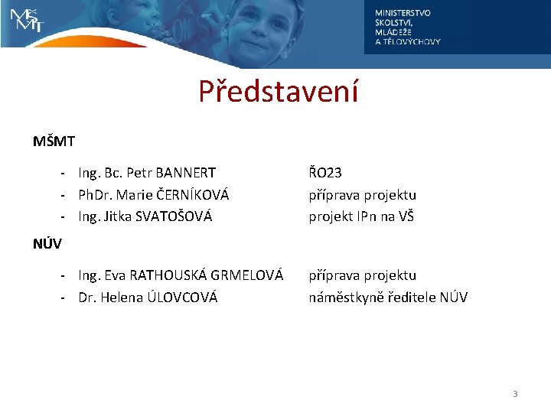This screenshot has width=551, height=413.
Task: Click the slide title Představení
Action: point(278,93)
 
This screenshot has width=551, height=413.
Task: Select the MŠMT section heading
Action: point(53,141)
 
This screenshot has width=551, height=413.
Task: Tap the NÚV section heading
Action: point(47,245)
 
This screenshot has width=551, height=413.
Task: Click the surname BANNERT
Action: point(185,174)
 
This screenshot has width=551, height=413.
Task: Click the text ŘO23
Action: point(325,174)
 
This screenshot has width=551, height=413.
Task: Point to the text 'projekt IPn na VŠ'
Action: point(361,216)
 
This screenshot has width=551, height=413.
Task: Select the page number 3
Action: point(515,394)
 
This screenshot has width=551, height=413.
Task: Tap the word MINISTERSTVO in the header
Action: point(403,13)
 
